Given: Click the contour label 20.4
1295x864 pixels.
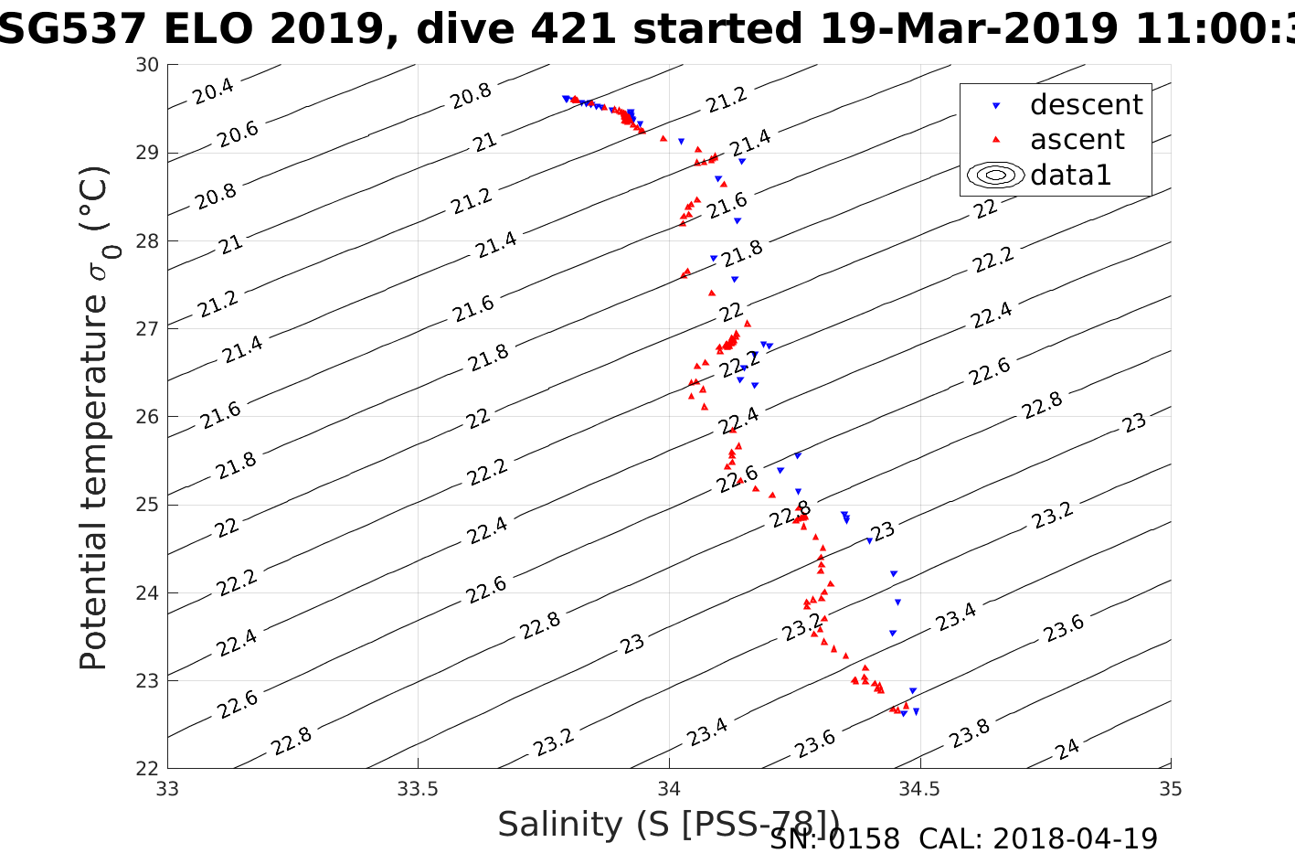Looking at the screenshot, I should [213, 91].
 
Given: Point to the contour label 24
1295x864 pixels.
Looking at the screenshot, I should [1067, 750].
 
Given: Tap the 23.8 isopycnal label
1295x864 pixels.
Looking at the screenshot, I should [970, 733].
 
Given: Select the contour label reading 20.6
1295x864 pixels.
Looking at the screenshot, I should [238, 134].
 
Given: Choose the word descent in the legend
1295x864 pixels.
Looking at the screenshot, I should [1086, 105].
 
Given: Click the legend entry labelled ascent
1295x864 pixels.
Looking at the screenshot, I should [1077, 140].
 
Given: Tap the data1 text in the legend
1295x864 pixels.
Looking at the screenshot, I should [1070, 175].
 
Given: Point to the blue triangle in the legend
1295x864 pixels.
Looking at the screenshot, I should [996, 106].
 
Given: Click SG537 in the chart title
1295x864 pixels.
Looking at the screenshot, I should [73, 29].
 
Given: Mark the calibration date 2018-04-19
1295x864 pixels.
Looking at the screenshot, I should [1075, 838].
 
